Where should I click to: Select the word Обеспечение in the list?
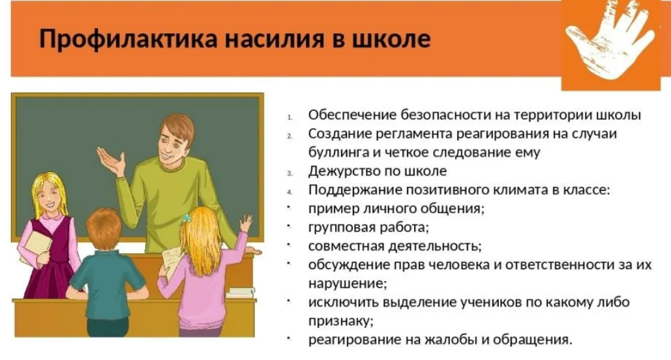pyautogui.click(x=352, y=115)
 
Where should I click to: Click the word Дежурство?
pyautogui.click(x=342, y=172)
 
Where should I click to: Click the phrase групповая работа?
pyautogui.click(x=368, y=228)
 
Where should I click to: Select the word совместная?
pyautogui.click(x=346, y=246)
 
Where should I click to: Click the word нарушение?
pyautogui.click(x=346, y=284)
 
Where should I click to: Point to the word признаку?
pyautogui.click(x=340, y=321)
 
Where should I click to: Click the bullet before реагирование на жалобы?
pyautogui.click(x=290, y=338)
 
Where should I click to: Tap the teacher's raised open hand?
pyautogui.click(x=111, y=161)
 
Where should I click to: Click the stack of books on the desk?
pyautogui.click(x=241, y=293)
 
